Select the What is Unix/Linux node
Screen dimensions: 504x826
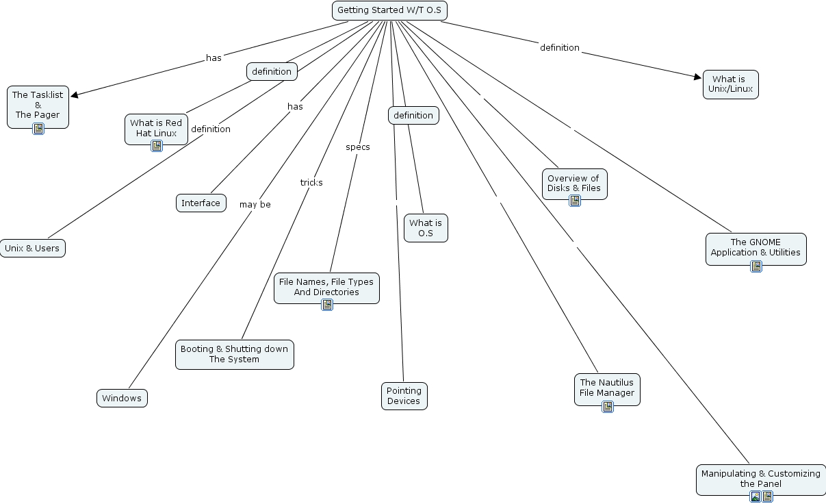pos(730,84)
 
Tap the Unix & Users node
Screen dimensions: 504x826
pos(32,248)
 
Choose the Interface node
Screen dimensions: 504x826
pos(201,203)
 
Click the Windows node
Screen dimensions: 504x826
pos(122,398)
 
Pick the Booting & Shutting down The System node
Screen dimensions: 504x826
pos(234,354)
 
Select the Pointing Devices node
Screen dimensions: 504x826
pos(404,396)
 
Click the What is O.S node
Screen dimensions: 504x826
pos(426,228)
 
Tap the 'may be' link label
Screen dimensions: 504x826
pos(255,204)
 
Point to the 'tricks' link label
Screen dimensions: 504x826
pos(311,182)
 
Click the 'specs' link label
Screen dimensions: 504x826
pos(357,147)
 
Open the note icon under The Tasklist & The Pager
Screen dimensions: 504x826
pos(38,128)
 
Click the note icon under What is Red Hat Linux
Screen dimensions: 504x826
pos(157,145)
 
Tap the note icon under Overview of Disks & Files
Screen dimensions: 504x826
pos(575,201)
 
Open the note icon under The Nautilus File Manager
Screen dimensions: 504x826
pos(608,407)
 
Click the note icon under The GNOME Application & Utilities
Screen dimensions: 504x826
pos(756,266)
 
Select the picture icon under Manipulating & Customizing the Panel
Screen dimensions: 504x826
pos(755,496)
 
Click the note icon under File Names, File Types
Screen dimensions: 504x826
pos(327,305)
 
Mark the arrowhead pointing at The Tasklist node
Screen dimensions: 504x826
pos(75,95)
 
